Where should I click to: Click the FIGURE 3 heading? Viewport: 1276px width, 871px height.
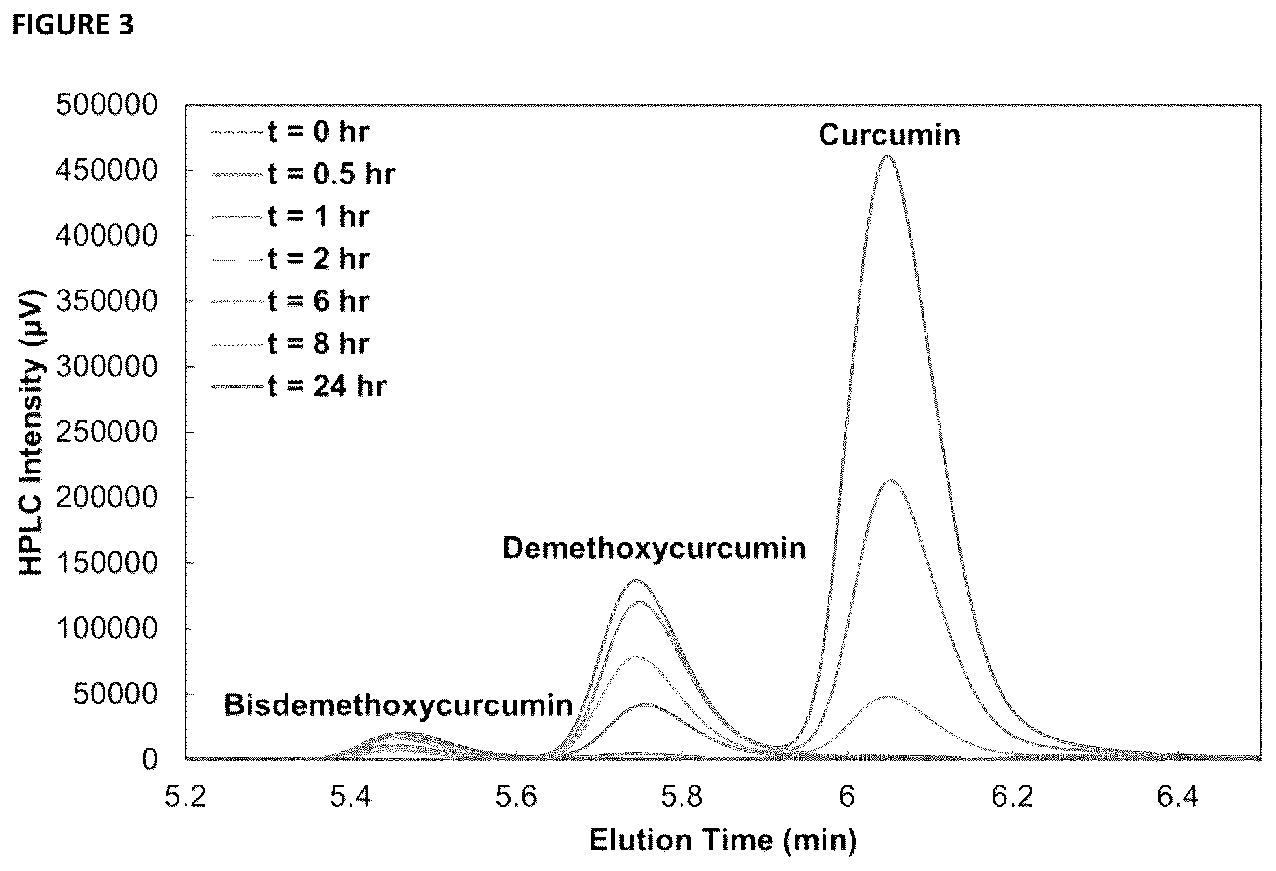73,25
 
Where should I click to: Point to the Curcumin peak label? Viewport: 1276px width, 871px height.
889,135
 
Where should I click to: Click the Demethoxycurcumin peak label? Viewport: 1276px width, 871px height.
654,549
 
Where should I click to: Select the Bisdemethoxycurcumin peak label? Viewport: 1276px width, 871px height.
398,705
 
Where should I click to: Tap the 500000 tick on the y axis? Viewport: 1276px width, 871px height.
107,105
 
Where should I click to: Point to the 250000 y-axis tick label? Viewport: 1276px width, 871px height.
107,432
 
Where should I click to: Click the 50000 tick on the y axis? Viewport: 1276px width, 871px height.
115,694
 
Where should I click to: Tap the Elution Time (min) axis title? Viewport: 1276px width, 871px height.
722,840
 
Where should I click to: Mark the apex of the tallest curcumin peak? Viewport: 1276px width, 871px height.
887,156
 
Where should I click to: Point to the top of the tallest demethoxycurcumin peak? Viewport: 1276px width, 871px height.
637,580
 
